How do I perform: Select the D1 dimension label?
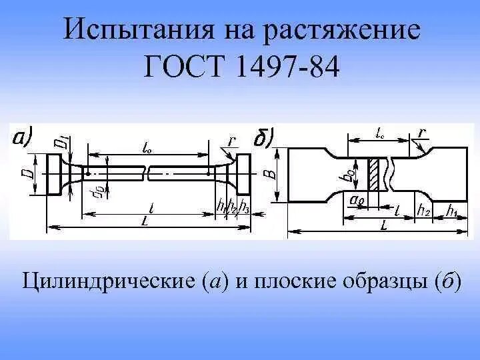61,141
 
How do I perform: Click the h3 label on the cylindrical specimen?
245,206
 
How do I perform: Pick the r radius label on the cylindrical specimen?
231,141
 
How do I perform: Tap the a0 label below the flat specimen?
356,199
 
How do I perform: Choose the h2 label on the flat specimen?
423,211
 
